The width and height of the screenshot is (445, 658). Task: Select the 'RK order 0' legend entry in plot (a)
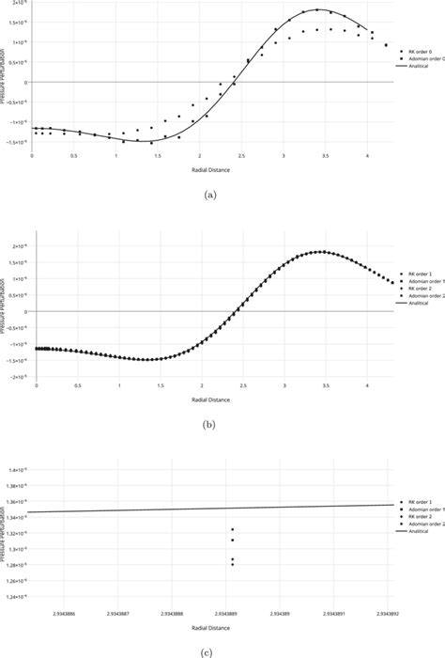tap(418, 52)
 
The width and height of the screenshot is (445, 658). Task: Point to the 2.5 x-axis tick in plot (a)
tap(241, 156)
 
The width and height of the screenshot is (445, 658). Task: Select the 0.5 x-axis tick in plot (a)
tap(73, 156)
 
